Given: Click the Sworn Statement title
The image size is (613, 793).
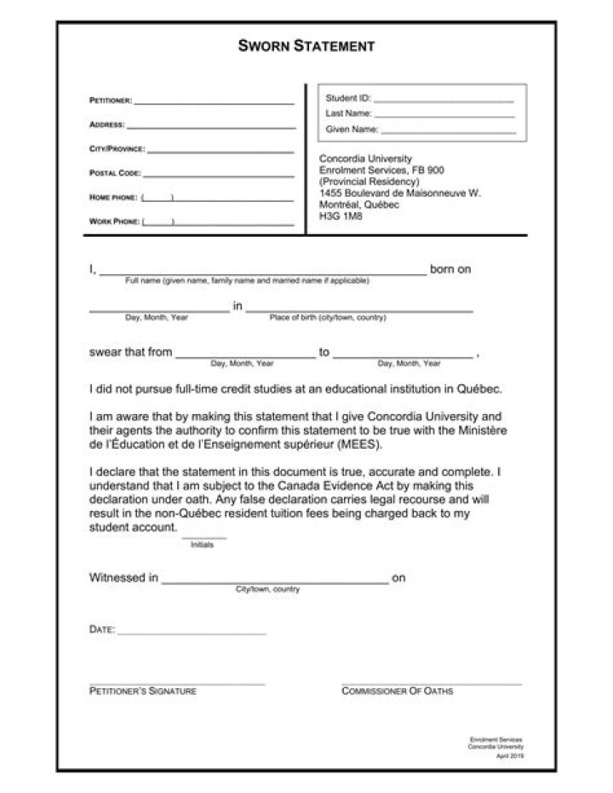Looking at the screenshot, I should (306, 46).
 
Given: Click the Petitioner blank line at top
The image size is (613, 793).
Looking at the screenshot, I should (214, 103).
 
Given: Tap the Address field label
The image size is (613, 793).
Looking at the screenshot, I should (107, 125).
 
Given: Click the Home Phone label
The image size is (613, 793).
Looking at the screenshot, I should (113, 198).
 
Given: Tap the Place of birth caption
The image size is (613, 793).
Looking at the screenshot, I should (328, 318).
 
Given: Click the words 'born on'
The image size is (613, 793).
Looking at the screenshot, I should (450, 270).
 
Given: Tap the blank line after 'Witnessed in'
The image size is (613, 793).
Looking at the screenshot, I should (274, 583).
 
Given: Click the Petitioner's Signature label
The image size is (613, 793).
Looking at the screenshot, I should (143, 691).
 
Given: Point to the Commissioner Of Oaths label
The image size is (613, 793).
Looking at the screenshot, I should (398, 691).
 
